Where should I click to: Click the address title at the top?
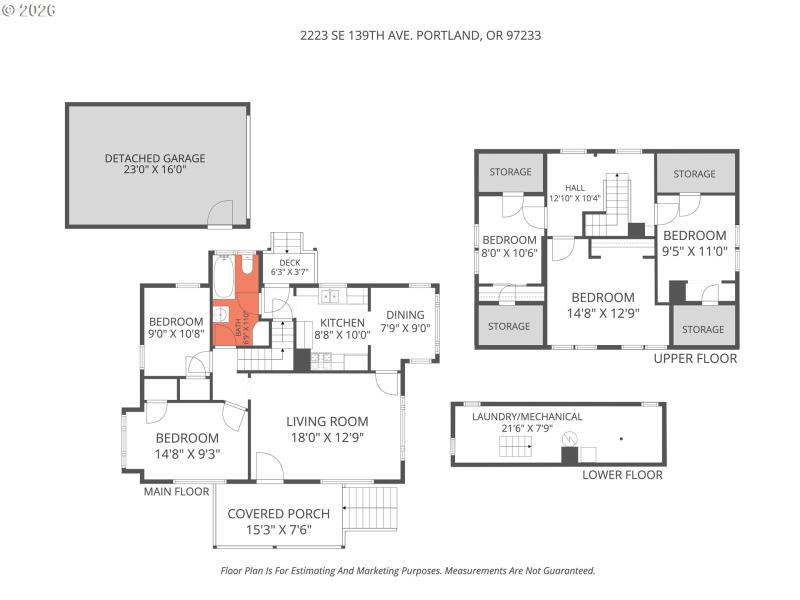421,35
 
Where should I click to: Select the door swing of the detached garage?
220,213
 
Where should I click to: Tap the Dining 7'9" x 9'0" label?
405,321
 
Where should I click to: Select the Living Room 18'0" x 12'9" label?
327,429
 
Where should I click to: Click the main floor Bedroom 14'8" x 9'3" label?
187,445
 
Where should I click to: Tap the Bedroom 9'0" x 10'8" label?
176,328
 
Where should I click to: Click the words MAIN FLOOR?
177,491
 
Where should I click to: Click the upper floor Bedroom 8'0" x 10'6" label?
510,246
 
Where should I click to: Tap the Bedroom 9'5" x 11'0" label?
694,243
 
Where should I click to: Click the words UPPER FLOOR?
695,358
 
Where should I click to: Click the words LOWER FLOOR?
622,475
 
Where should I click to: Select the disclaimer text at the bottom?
407,571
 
